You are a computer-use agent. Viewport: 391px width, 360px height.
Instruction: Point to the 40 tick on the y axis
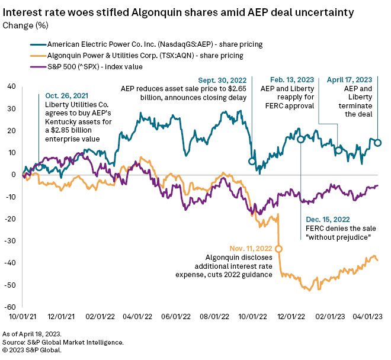pyautogui.click(x=11, y=86)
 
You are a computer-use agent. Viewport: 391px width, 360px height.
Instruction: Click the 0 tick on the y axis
pyautogui.click(x=13, y=175)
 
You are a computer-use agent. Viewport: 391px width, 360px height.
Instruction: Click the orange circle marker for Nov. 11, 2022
pyautogui.click(x=278, y=249)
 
